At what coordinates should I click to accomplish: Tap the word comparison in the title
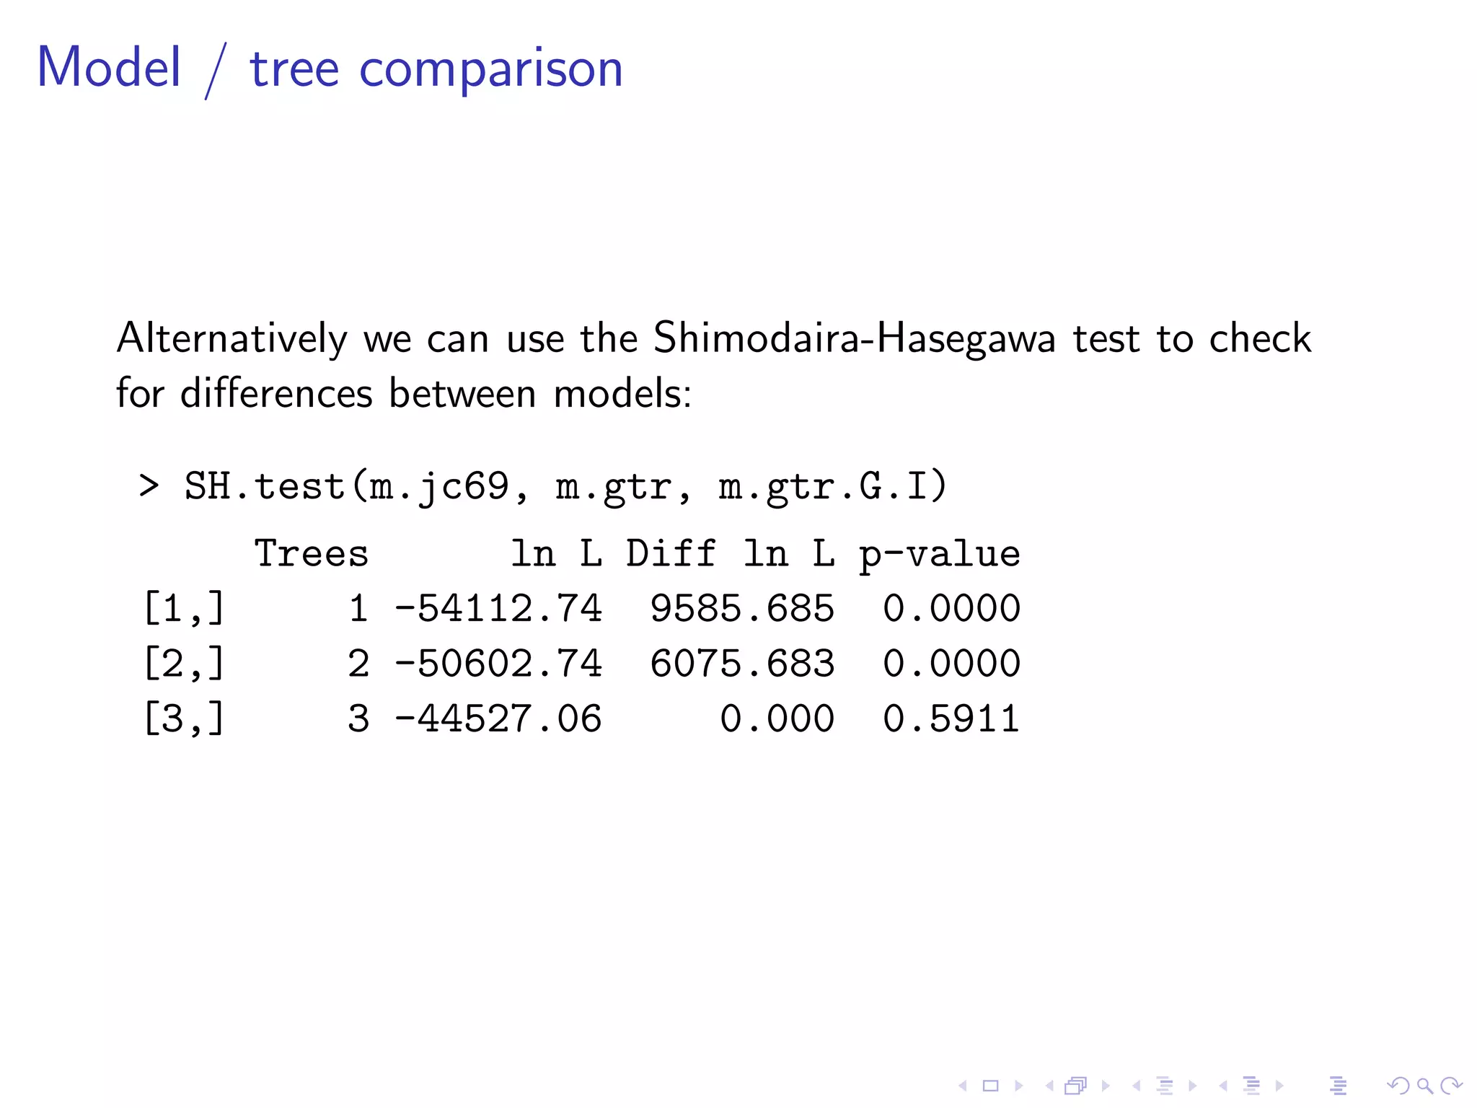490,70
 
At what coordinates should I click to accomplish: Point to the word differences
276,393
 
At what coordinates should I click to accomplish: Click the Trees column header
312,554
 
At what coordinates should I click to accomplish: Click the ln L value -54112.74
498,608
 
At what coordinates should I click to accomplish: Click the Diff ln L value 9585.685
742,608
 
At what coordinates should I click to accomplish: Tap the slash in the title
216,70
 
